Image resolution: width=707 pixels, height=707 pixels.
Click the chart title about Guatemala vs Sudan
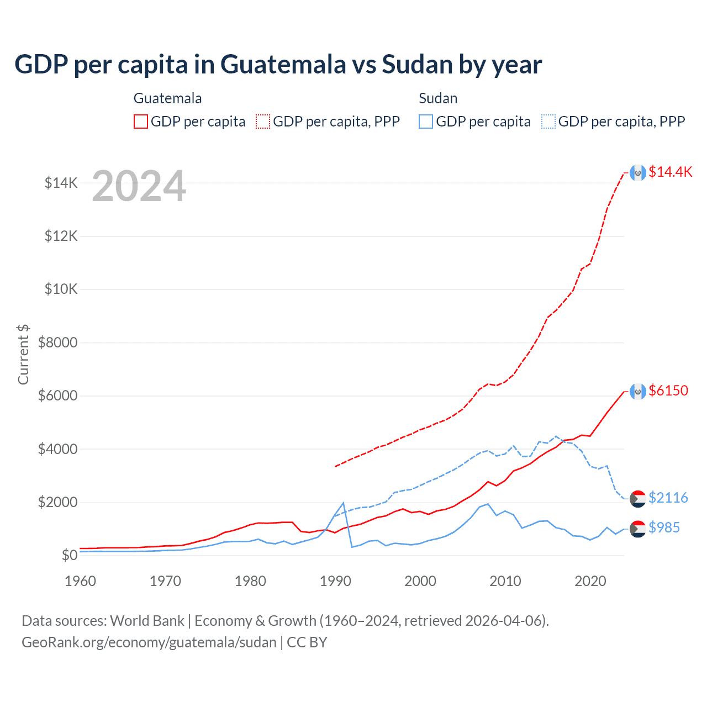point(278,65)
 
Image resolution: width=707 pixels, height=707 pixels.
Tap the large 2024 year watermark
point(139,186)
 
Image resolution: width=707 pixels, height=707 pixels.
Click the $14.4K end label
point(670,172)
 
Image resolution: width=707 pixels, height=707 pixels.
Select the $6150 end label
point(668,391)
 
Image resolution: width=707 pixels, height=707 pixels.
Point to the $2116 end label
point(668,498)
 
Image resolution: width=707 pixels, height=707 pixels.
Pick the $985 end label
point(664,527)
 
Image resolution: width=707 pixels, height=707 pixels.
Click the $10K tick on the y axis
point(61,289)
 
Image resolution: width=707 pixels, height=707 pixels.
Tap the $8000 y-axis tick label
point(58,342)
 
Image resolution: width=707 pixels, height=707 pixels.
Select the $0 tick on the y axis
point(69,555)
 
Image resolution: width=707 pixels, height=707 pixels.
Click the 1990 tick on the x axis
point(335,581)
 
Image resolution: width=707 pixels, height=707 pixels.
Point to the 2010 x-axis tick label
point(505,581)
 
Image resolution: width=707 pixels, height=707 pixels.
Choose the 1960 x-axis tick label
point(81,581)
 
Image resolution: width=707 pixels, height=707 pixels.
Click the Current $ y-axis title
point(23,355)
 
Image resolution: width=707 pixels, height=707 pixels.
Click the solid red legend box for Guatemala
point(141,122)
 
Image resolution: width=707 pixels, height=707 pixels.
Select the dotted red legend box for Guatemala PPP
point(263,122)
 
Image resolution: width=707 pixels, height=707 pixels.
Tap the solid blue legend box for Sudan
point(426,122)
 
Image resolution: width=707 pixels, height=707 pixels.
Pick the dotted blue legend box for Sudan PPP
point(548,122)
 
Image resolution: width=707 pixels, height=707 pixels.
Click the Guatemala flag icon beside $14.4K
point(638,173)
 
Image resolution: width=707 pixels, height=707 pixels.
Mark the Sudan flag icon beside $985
point(638,529)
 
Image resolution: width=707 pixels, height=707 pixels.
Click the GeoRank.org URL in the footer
point(149,642)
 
